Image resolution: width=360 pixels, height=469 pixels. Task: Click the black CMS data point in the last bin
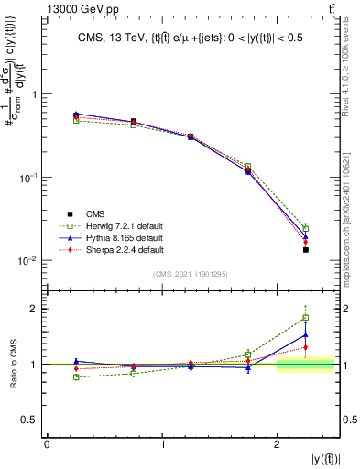point(306,249)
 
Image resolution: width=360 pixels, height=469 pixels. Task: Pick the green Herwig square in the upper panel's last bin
point(306,228)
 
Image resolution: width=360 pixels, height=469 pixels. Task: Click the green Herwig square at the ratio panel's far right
point(306,318)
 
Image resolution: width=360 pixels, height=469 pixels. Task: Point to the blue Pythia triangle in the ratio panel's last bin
point(306,335)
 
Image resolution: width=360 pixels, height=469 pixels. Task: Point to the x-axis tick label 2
point(278,444)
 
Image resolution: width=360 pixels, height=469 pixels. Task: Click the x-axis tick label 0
point(47,444)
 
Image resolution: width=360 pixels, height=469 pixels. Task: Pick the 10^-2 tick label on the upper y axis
point(26,261)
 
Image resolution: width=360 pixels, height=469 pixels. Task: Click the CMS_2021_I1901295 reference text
point(191,274)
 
